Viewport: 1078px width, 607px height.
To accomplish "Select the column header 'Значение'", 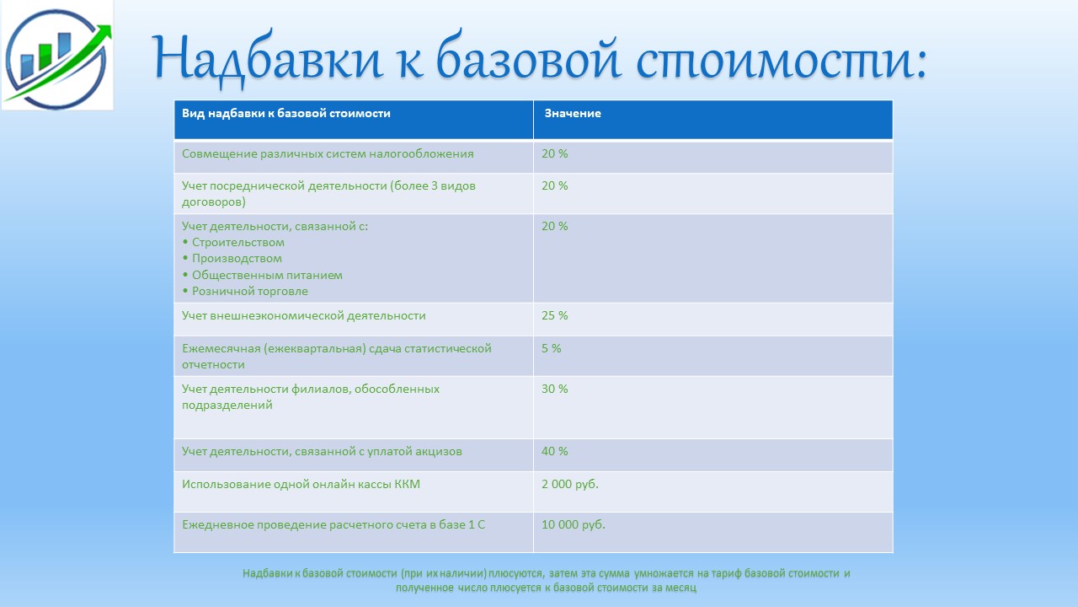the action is [573, 113].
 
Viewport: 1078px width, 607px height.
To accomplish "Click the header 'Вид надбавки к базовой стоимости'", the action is [286, 113].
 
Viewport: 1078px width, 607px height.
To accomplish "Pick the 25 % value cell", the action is [554, 315].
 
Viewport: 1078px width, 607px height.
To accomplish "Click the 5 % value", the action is [551, 348].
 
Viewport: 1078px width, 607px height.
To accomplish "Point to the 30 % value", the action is [554, 389].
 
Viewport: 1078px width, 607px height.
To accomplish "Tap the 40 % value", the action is [554, 451].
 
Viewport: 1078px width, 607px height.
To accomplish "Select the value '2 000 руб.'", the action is [570, 484].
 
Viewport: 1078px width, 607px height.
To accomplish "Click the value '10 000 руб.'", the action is [574, 524].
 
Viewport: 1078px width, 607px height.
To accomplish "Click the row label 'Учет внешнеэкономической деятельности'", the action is [304, 315].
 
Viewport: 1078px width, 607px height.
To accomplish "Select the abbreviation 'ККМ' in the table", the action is [407, 484].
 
